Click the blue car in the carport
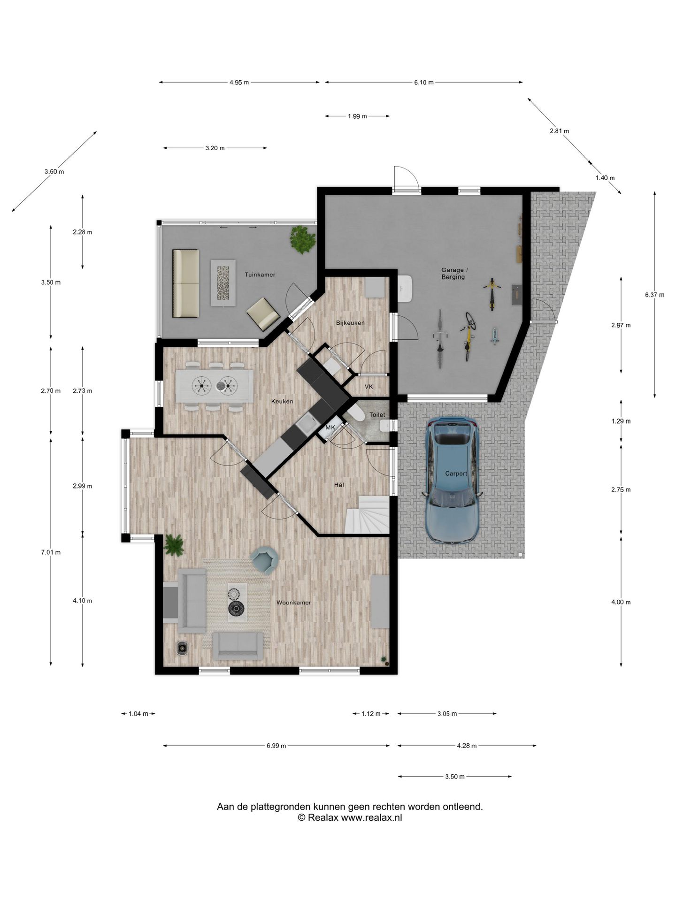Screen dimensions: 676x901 pyautogui.click(x=452, y=481)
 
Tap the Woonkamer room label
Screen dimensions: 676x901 pyautogui.click(x=293, y=603)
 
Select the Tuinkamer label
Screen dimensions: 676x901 pyautogui.click(x=260, y=275)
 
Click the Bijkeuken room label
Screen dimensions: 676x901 pyautogui.click(x=350, y=323)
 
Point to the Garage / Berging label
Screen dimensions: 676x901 pyautogui.click(x=453, y=274)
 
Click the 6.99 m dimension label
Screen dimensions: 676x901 pyautogui.click(x=277, y=746)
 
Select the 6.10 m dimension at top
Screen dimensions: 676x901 pyautogui.click(x=424, y=83)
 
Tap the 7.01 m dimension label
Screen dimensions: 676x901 pyautogui.click(x=51, y=552)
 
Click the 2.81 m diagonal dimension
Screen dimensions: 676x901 pyautogui.click(x=559, y=131)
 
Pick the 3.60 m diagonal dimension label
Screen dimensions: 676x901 pyautogui.click(x=54, y=172)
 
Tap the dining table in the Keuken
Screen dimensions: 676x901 pyautogui.click(x=215, y=386)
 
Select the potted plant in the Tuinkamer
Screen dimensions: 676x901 pyautogui.click(x=302, y=240)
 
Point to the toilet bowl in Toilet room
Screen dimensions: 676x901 pyautogui.click(x=355, y=414)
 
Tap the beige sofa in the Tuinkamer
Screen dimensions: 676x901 pyautogui.click(x=186, y=283)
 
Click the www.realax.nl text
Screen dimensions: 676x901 pyautogui.click(x=371, y=817)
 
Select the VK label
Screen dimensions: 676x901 pyautogui.click(x=369, y=387)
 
